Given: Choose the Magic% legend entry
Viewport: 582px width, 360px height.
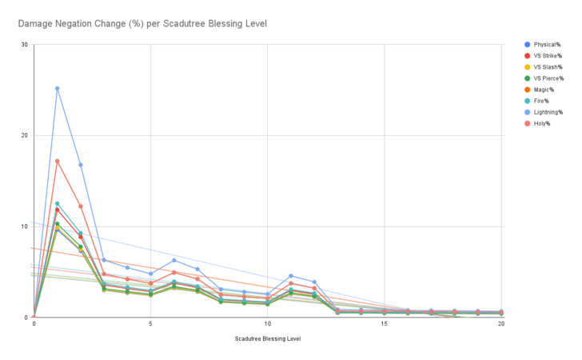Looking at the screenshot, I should pyautogui.click(x=540, y=90).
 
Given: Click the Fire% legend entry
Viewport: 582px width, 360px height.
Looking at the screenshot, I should pyautogui.click(x=537, y=101).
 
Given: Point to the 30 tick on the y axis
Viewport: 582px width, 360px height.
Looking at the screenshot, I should pyautogui.click(x=25, y=45).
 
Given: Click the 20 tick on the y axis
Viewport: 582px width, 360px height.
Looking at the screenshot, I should pyautogui.click(x=25, y=135).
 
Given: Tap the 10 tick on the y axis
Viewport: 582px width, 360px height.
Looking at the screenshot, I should pyautogui.click(x=25, y=226).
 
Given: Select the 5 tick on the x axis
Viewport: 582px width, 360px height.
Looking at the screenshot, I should pyautogui.click(x=150, y=326).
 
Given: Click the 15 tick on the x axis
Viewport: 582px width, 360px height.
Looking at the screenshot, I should pyautogui.click(x=385, y=326).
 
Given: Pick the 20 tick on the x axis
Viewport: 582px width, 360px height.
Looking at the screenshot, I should pyautogui.click(x=501, y=326).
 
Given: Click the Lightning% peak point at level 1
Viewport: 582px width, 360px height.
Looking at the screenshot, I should pyautogui.click(x=57, y=89).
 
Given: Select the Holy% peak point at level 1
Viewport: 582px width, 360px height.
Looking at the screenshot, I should pyautogui.click(x=57, y=161).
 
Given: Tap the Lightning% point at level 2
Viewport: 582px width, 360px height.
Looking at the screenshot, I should pyautogui.click(x=80, y=165).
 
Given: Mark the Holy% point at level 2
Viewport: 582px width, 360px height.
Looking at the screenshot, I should pyautogui.click(x=80, y=206).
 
